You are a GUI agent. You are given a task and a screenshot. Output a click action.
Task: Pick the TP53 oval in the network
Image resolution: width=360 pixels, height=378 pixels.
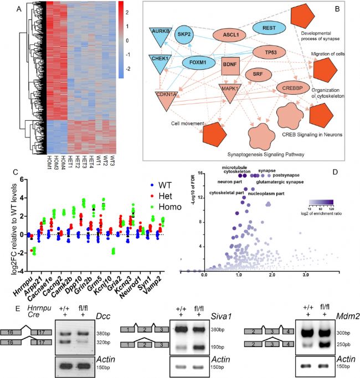coord(272,53)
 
